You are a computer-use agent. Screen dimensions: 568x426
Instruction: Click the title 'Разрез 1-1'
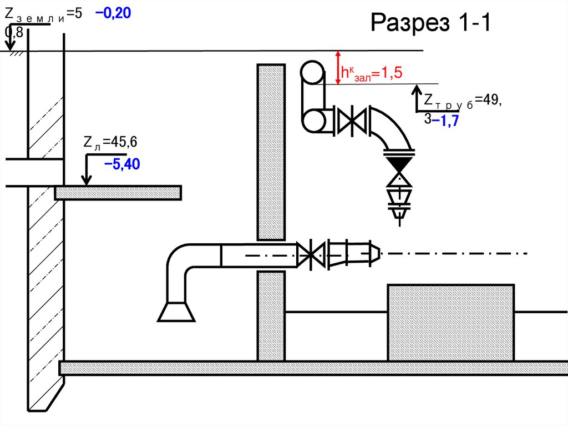pyautogui.click(x=430, y=22)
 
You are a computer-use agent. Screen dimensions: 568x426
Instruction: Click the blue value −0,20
pyautogui.click(x=113, y=13)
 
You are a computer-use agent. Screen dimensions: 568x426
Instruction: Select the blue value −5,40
pyautogui.click(x=122, y=164)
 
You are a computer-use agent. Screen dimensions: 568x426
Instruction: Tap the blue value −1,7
pyautogui.click(x=446, y=121)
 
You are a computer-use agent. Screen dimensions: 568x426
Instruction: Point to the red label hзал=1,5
pyautogui.click(x=371, y=73)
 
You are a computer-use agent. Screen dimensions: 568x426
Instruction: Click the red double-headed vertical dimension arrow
pyautogui.click(x=338, y=68)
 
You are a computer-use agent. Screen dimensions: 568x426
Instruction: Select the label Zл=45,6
pyautogui.click(x=110, y=142)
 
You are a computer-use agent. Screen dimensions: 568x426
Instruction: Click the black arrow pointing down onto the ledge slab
pyautogui.click(x=86, y=169)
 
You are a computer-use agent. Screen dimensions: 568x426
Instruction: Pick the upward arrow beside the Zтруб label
pyautogui.click(x=417, y=98)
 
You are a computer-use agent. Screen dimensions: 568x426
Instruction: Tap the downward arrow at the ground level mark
pyautogui.click(x=10, y=37)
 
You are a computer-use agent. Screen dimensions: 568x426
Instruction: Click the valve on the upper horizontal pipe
pyautogui.click(x=351, y=121)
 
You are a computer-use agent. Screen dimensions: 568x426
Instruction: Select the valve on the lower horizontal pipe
pyautogui.click(x=311, y=255)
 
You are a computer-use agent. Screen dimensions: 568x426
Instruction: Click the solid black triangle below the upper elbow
pyautogui.click(x=399, y=164)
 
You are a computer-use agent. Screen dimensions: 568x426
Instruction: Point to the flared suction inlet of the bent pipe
pyautogui.click(x=176, y=312)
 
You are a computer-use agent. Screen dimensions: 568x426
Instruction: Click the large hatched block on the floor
pyautogui.click(x=451, y=323)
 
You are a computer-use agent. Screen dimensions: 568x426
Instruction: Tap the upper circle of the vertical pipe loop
pyautogui.click(x=312, y=72)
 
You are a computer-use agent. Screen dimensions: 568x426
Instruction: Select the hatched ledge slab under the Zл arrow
pyautogui.click(x=118, y=193)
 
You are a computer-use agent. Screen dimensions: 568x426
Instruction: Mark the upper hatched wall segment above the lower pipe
pyautogui.click(x=271, y=152)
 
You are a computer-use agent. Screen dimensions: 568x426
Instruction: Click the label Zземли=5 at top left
pyautogui.click(x=43, y=14)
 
